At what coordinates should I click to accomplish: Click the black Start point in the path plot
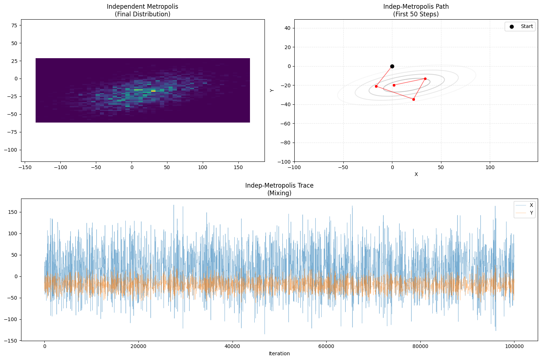point(392,66)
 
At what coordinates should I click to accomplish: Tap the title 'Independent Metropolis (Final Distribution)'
point(142,11)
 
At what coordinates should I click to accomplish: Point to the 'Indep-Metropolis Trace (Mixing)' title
point(279,189)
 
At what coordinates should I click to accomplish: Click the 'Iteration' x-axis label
point(279,353)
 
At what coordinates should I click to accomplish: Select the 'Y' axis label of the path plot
point(272,90)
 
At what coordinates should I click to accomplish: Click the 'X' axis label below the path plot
point(416,174)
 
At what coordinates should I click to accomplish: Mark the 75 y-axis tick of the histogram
point(14,25)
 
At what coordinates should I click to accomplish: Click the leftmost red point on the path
point(376,86)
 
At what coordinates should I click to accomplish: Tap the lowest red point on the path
point(413,99)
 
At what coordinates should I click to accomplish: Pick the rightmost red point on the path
point(425,79)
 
